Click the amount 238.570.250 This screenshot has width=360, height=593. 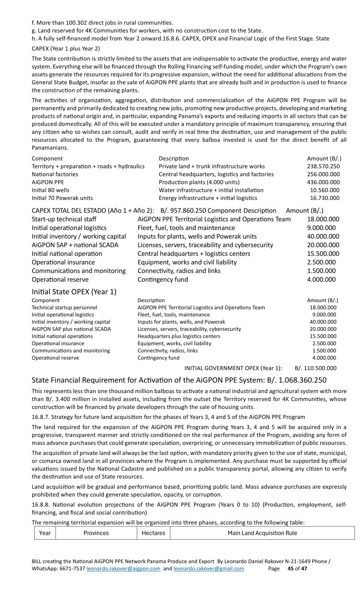(x=323, y=166)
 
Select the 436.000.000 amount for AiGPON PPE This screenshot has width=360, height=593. (x=323, y=182)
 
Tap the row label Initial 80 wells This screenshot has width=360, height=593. (x=50, y=190)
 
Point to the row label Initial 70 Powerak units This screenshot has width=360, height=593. (x=62, y=198)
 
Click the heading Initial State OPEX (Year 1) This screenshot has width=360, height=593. (x=74, y=292)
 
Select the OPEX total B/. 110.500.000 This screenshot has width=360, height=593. (x=316, y=368)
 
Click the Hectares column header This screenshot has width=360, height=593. (x=153, y=533)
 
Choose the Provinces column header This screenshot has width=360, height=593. (x=96, y=533)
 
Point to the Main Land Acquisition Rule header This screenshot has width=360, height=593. (x=262, y=533)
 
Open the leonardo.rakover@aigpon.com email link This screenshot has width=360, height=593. (x=123, y=569)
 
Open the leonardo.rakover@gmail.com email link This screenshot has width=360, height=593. (x=209, y=569)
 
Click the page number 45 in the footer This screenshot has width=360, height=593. (x=291, y=569)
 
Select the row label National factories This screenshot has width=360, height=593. (x=55, y=174)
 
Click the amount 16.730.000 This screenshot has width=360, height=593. (x=325, y=198)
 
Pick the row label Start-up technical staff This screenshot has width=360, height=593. (x=64, y=219)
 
